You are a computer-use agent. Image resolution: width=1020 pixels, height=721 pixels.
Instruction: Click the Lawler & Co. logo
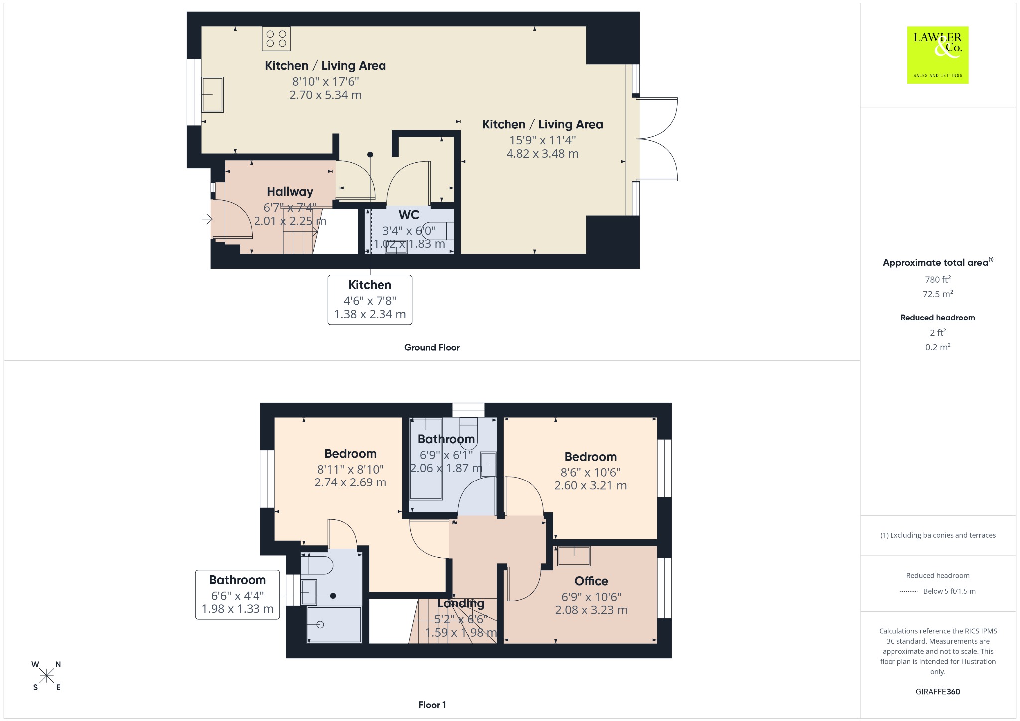937,55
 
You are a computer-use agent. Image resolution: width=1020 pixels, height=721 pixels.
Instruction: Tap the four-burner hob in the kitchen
276,39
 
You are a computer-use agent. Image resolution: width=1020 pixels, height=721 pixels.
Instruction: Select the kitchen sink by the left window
212,94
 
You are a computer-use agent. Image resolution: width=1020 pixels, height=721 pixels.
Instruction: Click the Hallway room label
290,192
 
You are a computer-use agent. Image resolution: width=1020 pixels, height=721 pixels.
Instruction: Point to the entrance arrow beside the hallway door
207,218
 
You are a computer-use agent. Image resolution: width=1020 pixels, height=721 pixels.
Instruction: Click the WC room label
409,215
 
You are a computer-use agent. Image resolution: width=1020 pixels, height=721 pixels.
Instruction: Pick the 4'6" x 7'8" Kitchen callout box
370,300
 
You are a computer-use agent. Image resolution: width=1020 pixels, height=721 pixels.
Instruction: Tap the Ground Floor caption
432,347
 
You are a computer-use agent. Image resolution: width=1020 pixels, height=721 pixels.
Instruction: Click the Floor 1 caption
432,705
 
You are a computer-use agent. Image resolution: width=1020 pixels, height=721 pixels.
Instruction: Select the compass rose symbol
47,676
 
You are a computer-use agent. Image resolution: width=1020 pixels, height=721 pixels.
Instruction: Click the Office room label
591,581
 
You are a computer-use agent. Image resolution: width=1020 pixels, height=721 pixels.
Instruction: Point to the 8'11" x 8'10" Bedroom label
350,454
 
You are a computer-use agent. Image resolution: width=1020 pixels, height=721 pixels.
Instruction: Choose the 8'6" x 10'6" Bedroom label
590,457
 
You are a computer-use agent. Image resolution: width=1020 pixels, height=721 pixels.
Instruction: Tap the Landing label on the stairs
461,603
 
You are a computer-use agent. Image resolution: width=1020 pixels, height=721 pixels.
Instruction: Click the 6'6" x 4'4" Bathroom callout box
238,595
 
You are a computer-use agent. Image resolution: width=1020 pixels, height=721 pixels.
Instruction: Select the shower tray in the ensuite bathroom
334,624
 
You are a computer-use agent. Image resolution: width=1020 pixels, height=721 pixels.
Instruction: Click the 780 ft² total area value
938,279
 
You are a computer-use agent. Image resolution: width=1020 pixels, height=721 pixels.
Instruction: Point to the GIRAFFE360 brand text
938,692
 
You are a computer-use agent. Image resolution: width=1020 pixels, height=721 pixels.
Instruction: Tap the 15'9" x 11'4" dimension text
542,140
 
